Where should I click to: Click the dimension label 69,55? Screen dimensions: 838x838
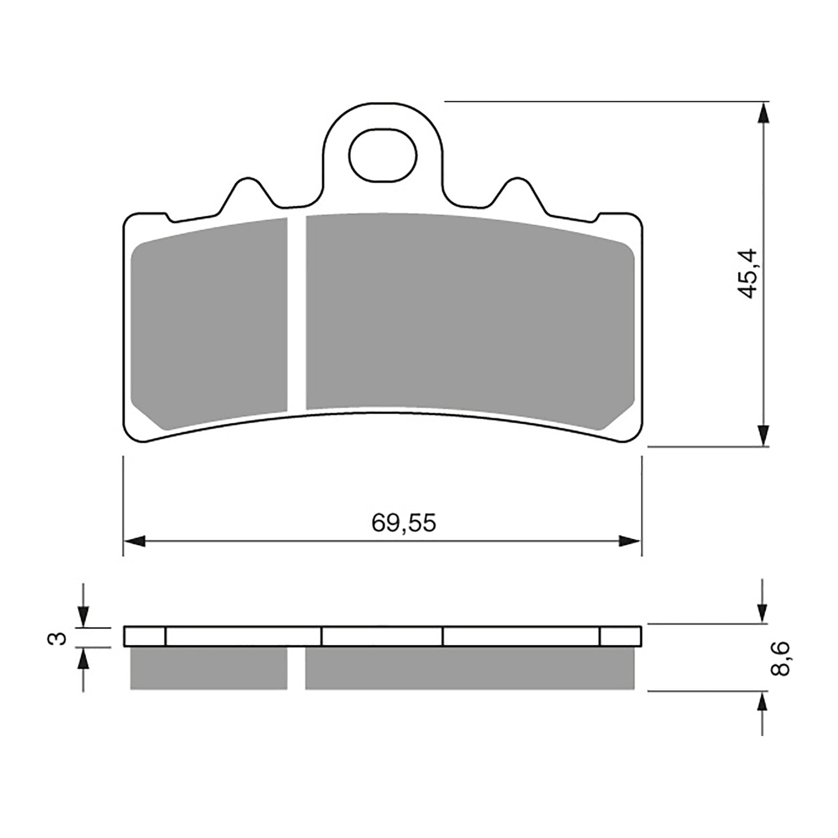click(403, 523)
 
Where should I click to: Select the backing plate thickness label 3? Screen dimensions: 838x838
click(61, 638)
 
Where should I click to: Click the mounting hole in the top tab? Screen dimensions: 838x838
click(383, 156)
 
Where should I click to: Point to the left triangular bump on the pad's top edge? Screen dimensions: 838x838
click(246, 192)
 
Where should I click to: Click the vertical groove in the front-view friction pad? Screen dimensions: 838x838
click(296, 313)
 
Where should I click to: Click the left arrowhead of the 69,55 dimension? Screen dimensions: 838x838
click(134, 541)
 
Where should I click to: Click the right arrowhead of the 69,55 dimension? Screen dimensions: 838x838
click(630, 541)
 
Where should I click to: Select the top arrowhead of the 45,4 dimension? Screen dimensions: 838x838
click(764, 113)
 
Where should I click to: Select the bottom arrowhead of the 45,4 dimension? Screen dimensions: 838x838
click(764, 435)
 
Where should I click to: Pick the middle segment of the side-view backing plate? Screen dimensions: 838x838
click(382, 636)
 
